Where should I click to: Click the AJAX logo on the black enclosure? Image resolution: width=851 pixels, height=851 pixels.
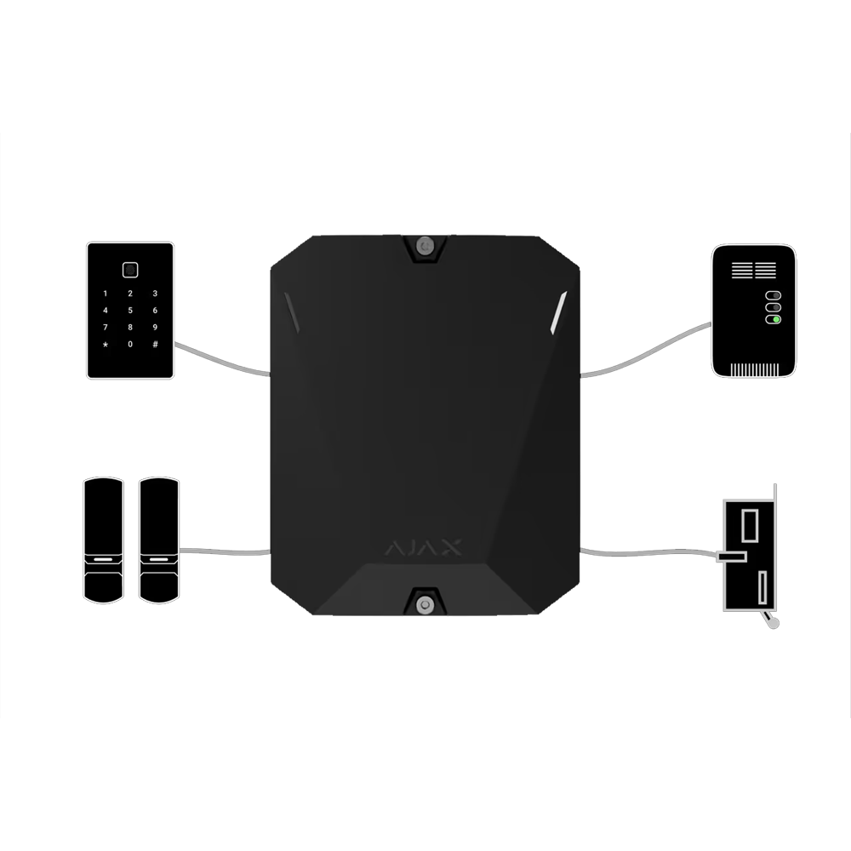[x=423, y=547]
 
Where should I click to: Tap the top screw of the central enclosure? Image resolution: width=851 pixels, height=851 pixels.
[x=425, y=247]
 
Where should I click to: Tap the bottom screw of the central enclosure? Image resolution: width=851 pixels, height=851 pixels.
[x=425, y=604]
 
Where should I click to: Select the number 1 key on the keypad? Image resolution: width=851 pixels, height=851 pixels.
[x=106, y=294]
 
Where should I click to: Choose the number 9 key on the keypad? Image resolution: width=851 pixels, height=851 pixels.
[x=155, y=328]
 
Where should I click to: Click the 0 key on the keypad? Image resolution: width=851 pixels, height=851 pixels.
[x=130, y=344]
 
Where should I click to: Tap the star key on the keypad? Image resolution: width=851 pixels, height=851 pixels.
[x=106, y=345]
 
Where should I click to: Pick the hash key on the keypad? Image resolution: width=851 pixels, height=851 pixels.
[x=155, y=344]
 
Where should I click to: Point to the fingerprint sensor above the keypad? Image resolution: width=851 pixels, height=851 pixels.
[x=129, y=270]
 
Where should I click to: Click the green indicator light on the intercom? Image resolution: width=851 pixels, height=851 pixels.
[x=776, y=320]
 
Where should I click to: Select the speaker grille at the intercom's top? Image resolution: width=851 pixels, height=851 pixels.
[x=754, y=271]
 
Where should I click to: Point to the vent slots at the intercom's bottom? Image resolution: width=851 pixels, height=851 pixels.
[x=754, y=369]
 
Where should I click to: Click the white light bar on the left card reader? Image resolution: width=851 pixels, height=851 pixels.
[x=103, y=559]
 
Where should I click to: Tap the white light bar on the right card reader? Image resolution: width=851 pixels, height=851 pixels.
[x=159, y=559]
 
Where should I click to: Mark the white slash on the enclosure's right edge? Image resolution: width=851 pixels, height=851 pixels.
[x=558, y=312]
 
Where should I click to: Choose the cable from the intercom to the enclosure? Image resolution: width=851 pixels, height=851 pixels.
[x=646, y=352]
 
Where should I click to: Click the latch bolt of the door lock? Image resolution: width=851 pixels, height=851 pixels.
[x=731, y=557]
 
